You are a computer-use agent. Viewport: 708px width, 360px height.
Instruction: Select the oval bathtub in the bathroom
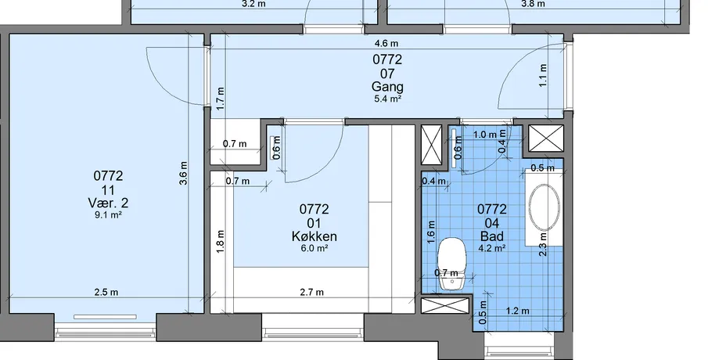(544, 207)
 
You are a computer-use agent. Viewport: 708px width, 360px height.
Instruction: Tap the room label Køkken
(314, 236)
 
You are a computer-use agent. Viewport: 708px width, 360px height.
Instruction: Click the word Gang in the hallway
(387, 86)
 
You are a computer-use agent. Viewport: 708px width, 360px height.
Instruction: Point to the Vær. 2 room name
(109, 203)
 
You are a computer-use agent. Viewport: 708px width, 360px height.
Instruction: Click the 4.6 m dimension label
(386, 44)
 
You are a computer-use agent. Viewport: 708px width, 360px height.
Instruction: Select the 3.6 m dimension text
(183, 173)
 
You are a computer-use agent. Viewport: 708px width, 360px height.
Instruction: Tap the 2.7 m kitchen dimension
(312, 292)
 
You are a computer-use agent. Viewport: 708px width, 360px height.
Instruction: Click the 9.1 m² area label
(109, 215)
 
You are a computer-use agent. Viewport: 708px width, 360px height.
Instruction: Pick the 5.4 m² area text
(388, 99)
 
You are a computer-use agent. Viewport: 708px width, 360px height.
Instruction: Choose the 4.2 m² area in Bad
(492, 248)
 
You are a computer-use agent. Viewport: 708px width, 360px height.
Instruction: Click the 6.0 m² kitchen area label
(314, 248)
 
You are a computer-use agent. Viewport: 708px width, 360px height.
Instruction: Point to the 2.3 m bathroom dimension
(543, 244)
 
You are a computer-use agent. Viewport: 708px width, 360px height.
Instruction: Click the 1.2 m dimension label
(517, 311)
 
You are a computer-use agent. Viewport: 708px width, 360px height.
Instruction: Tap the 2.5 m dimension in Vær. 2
(106, 292)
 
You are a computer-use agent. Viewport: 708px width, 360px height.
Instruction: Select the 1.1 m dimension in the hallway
(543, 75)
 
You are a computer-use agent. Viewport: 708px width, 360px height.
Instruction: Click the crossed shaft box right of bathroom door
(546, 139)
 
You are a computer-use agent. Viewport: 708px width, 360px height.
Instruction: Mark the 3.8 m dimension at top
(533, 4)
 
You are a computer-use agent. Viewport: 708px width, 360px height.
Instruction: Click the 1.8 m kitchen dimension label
(221, 242)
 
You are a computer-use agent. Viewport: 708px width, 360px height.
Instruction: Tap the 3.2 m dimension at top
(253, 4)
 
